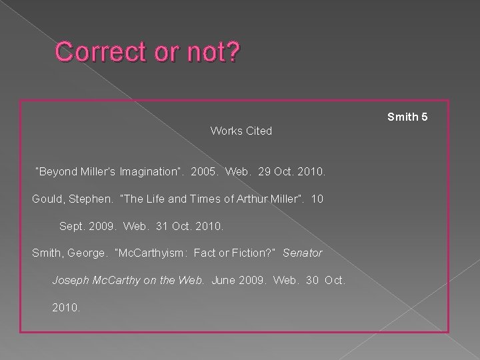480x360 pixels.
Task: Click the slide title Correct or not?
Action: click(146, 53)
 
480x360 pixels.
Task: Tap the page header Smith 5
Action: click(407, 117)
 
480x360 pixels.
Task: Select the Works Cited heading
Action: click(241, 131)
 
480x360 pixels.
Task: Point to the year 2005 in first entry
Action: click(203, 172)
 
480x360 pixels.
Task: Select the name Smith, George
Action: click(69, 253)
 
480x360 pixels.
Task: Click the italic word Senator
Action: click(303, 253)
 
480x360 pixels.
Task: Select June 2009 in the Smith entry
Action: click(233, 281)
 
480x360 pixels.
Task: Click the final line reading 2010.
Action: click(66, 308)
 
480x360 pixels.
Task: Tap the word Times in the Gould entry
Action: click(200, 199)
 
